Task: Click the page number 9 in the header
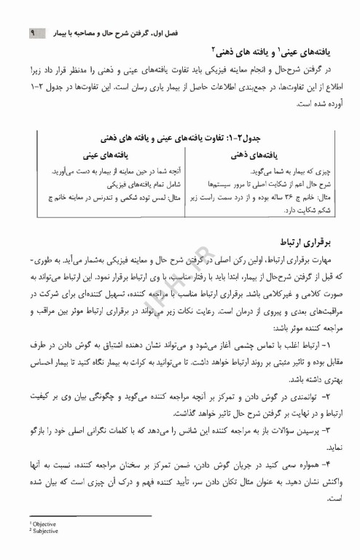tap(32, 34)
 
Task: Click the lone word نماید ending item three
tap(322, 448)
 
